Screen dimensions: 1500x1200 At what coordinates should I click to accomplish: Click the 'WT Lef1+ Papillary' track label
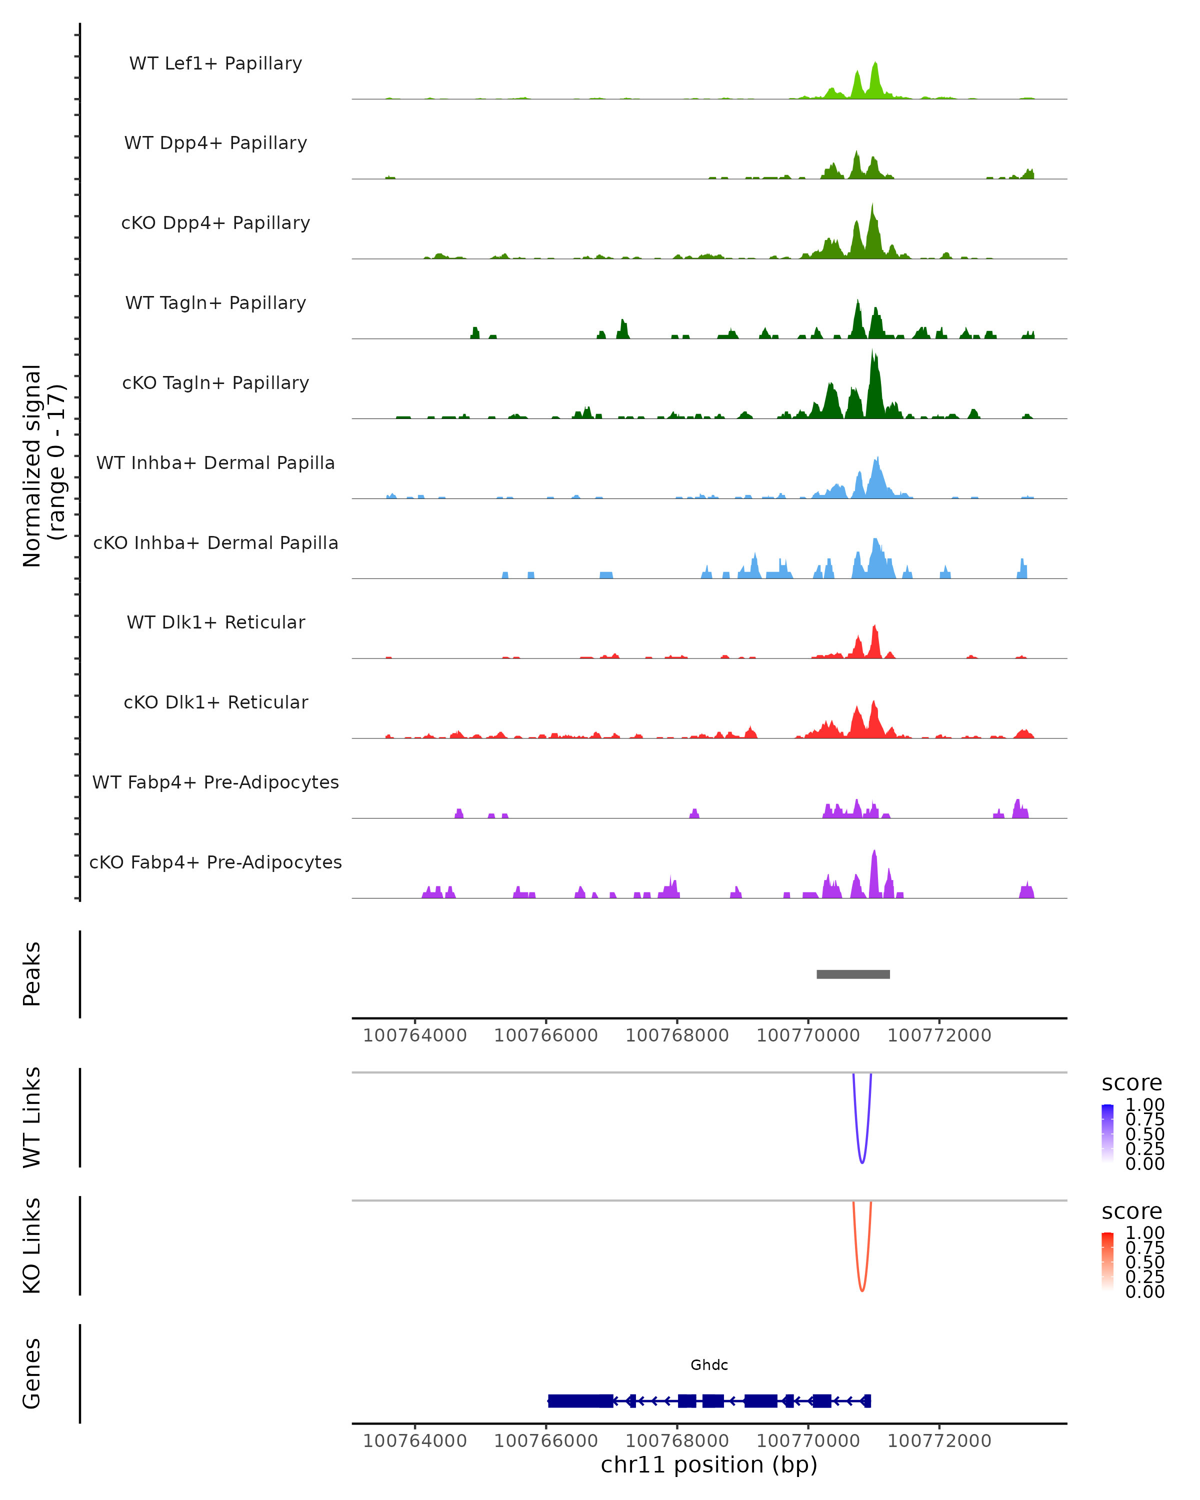click(215, 63)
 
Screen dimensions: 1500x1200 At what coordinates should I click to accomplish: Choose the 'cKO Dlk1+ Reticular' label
click(215, 702)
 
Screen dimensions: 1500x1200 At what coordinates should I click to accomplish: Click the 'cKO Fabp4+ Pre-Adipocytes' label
click(215, 862)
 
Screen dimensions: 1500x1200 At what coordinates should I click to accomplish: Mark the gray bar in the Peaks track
click(853, 974)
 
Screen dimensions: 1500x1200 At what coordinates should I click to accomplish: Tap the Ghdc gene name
click(709, 1365)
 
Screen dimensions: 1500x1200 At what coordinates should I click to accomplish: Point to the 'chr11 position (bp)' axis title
click(709, 1464)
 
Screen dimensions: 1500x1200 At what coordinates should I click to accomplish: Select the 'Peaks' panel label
click(32, 974)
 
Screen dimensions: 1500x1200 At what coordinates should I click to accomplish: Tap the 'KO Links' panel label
click(32, 1246)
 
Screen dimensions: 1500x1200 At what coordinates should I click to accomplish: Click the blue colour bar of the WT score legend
click(1107, 1133)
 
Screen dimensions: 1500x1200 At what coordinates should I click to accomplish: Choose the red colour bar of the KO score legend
click(1107, 1261)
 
